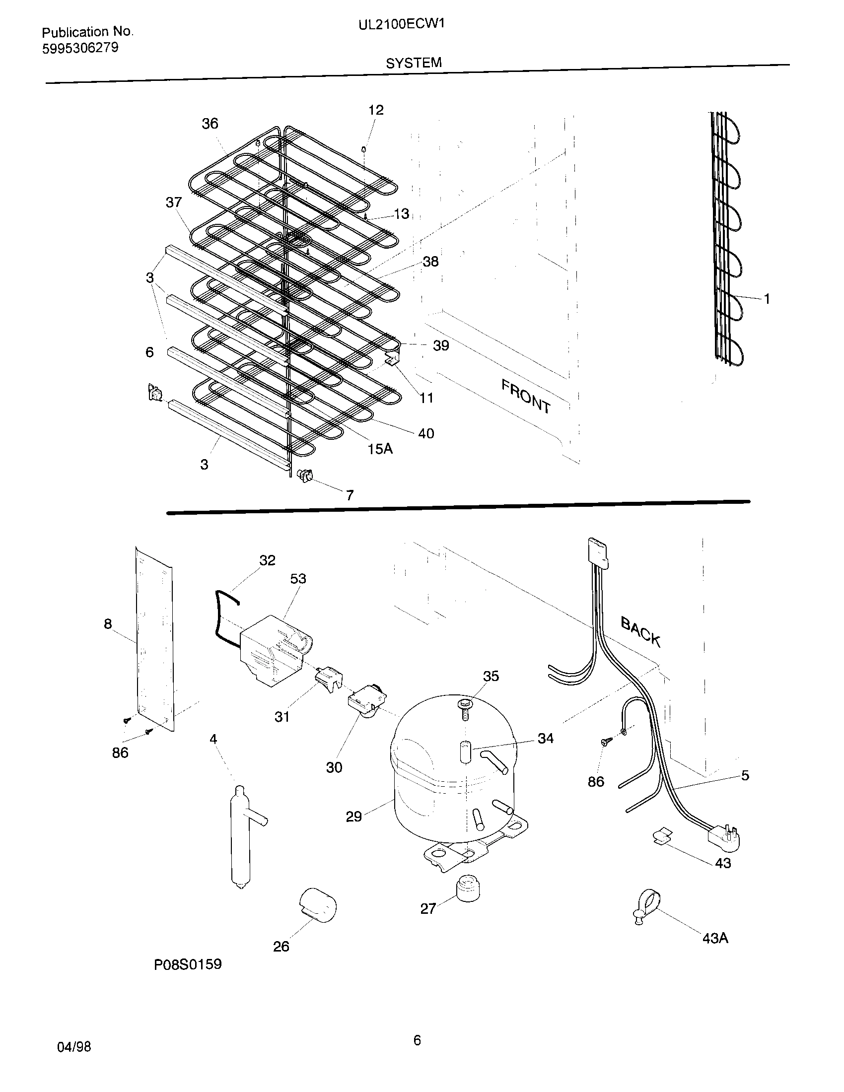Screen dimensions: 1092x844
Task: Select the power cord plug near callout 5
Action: tap(724, 836)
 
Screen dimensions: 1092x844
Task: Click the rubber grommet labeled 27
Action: tap(468, 888)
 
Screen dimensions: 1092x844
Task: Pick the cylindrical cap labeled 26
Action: tap(318, 904)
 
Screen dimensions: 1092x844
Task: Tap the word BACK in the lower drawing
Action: tap(640, 631)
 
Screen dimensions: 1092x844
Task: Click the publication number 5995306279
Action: tap(80, 48)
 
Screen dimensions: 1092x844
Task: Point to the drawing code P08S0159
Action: tap(188, 964)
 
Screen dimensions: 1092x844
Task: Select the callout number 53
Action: tap(298, 578)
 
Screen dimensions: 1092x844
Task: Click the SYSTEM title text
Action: tap(414, 63)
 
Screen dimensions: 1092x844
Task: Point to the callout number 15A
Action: tap(380, 449)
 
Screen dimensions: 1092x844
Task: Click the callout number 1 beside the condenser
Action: tap(767, 299)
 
